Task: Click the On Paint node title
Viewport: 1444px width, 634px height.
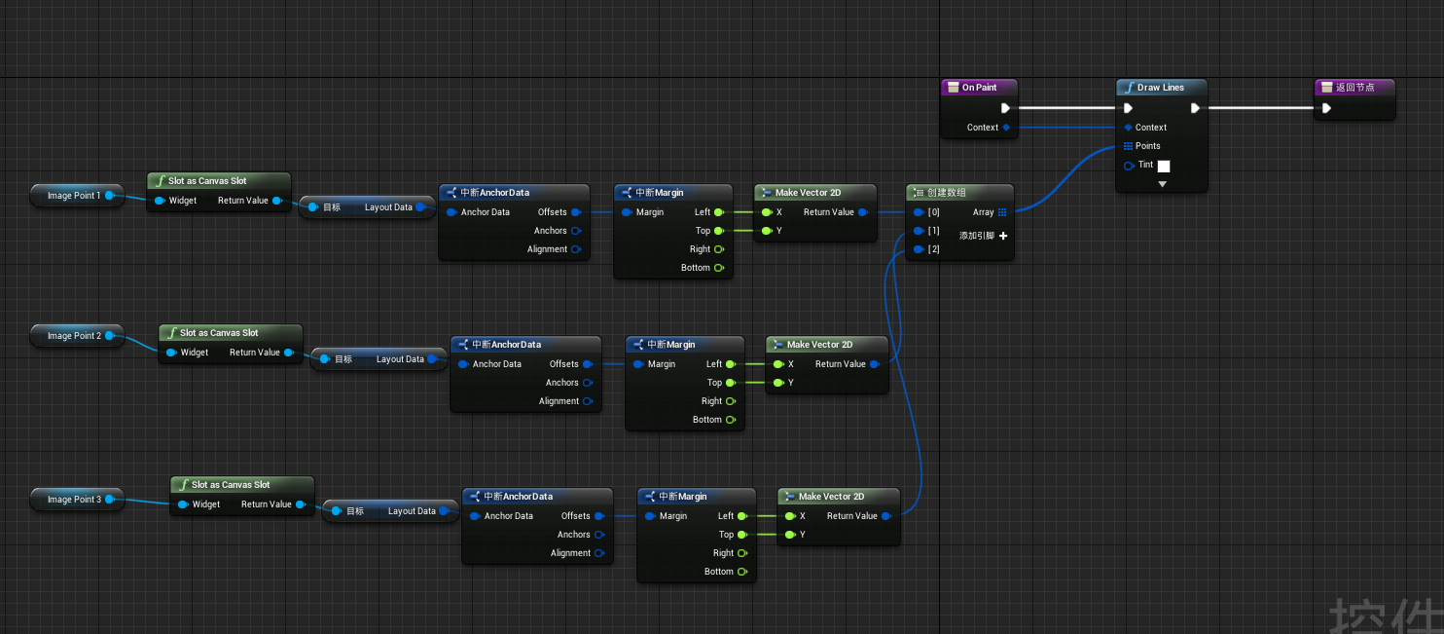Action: coord(979,88)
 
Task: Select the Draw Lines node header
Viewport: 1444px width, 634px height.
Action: coord(1160,88)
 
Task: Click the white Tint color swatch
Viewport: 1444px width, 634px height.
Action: coord(1164,166)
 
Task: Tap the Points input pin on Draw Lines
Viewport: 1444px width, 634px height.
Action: coord(1128,146)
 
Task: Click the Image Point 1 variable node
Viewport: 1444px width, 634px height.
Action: coord(74,196)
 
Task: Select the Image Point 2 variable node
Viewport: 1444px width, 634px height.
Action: coord(74,336)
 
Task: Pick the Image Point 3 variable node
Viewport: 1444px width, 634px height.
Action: coord(74,500)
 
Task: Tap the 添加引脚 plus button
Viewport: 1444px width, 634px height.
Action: coord(1003,236)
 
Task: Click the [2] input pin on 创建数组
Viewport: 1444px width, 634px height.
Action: coord(917,250)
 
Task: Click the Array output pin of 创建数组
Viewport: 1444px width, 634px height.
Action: coord(1002,212)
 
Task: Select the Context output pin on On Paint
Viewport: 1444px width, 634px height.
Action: coord(1006,128)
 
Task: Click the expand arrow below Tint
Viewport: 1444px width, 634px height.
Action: coord(1162,184)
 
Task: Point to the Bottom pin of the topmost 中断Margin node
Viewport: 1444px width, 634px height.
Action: coord(719,268)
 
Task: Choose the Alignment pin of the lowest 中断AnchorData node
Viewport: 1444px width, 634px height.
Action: coord(599,553)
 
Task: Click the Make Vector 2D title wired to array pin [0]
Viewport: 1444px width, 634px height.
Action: coord(808,193)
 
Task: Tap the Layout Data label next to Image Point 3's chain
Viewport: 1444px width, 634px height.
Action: coord(412,511)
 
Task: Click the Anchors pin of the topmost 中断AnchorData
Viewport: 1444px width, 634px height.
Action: coord(576,231)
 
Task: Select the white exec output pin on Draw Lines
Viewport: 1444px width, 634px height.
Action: coord(1195,108)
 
